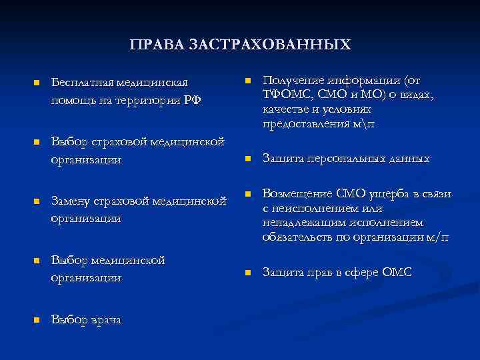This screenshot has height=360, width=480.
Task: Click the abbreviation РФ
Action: [193, 100]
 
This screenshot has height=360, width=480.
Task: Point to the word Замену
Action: [73, 201]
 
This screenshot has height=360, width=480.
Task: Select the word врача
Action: [105, 320]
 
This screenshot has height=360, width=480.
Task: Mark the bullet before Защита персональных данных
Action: [246, 159]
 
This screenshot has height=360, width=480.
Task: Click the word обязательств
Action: [297, 237]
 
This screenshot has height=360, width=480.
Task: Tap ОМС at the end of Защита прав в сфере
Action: [397, 272]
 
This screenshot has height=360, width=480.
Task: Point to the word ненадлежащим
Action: [302, 222]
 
